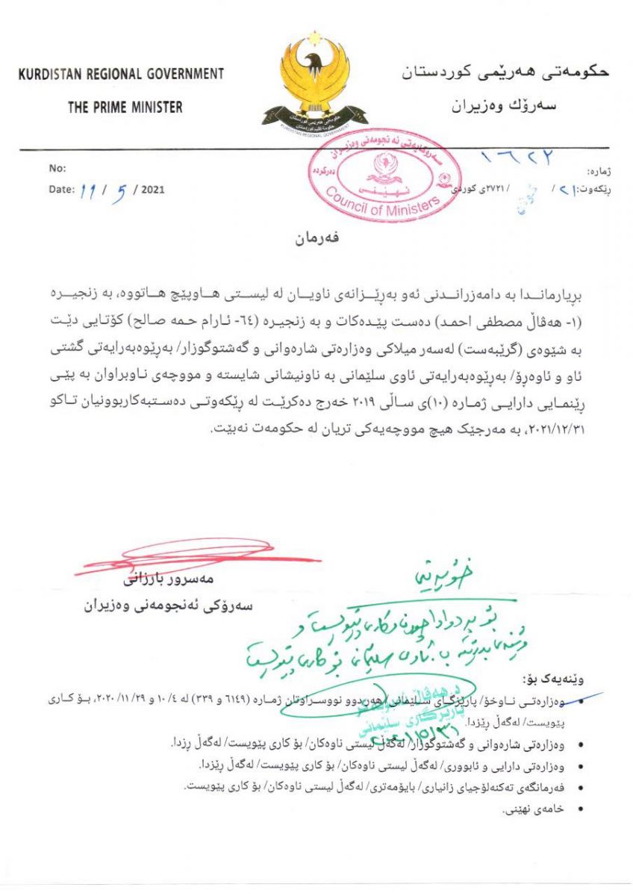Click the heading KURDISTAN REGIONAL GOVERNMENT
click(x=121, y=75)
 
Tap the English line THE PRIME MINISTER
click(x=125, y=108)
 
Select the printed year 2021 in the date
click(x=152, y=190)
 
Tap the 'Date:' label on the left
click(x=61, y=190)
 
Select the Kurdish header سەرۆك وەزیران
click(x=506, y=106)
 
